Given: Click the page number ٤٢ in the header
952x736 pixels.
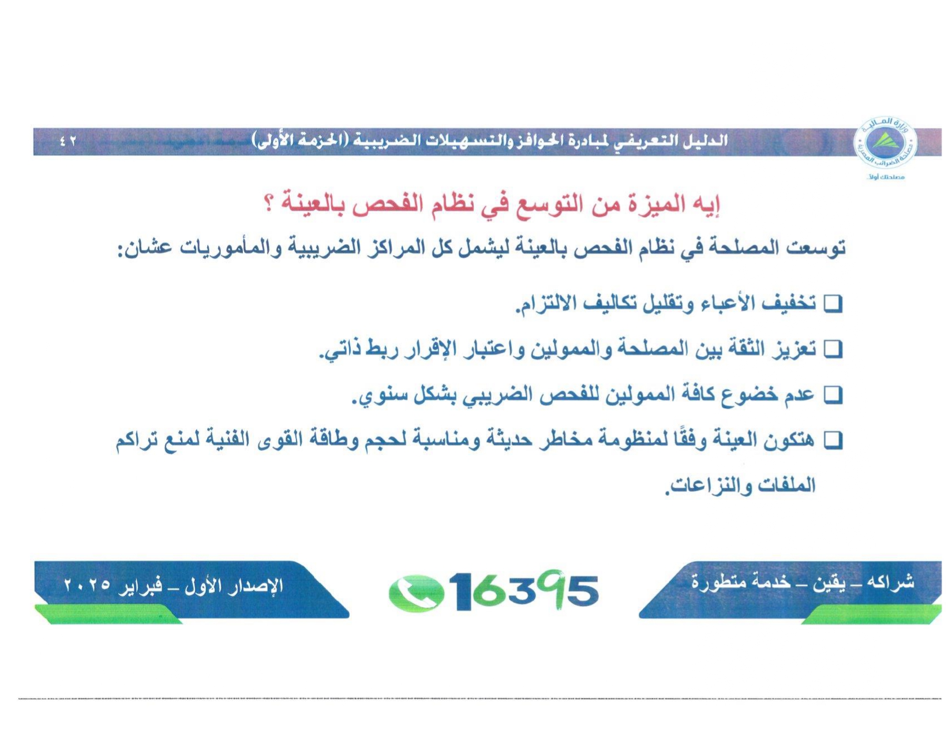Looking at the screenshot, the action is (68, 141).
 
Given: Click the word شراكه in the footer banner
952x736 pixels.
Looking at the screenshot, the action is (894, 582).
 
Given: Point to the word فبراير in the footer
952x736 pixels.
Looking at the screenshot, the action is (141, 586).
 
